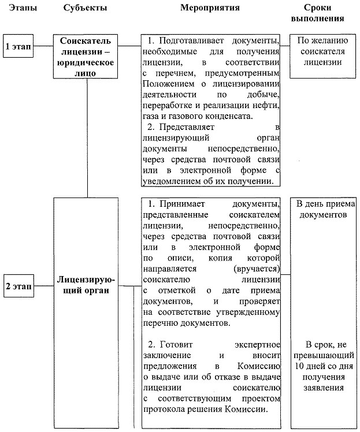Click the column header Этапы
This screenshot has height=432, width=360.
pos(18,9)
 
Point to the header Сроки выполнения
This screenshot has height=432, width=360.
pos(324,13)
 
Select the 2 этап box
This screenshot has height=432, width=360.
pos(18,286)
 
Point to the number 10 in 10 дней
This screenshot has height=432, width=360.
pos(300,367)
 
